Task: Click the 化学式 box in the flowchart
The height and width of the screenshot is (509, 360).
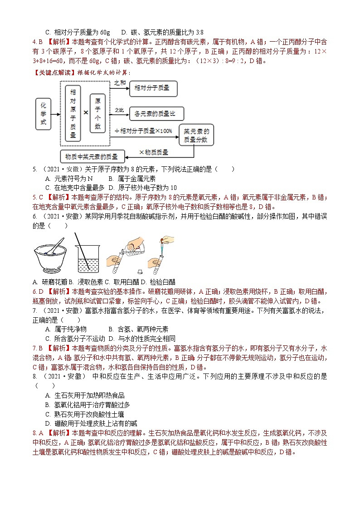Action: tap(43, 116)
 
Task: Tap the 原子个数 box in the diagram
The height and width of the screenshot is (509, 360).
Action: tap(97, 113)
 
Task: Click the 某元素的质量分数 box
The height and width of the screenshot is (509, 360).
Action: tap(196, 135)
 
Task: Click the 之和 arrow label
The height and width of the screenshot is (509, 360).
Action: tap(120, 82)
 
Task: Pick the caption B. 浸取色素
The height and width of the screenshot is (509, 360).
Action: tap(85, 282)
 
